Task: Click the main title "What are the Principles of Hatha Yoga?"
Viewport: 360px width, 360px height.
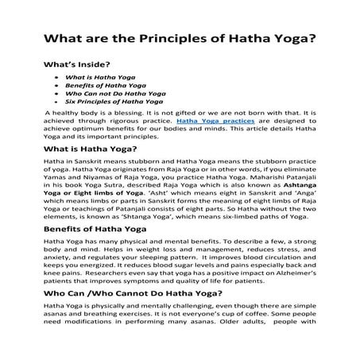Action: pyautogui.click(x=179, y=38)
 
